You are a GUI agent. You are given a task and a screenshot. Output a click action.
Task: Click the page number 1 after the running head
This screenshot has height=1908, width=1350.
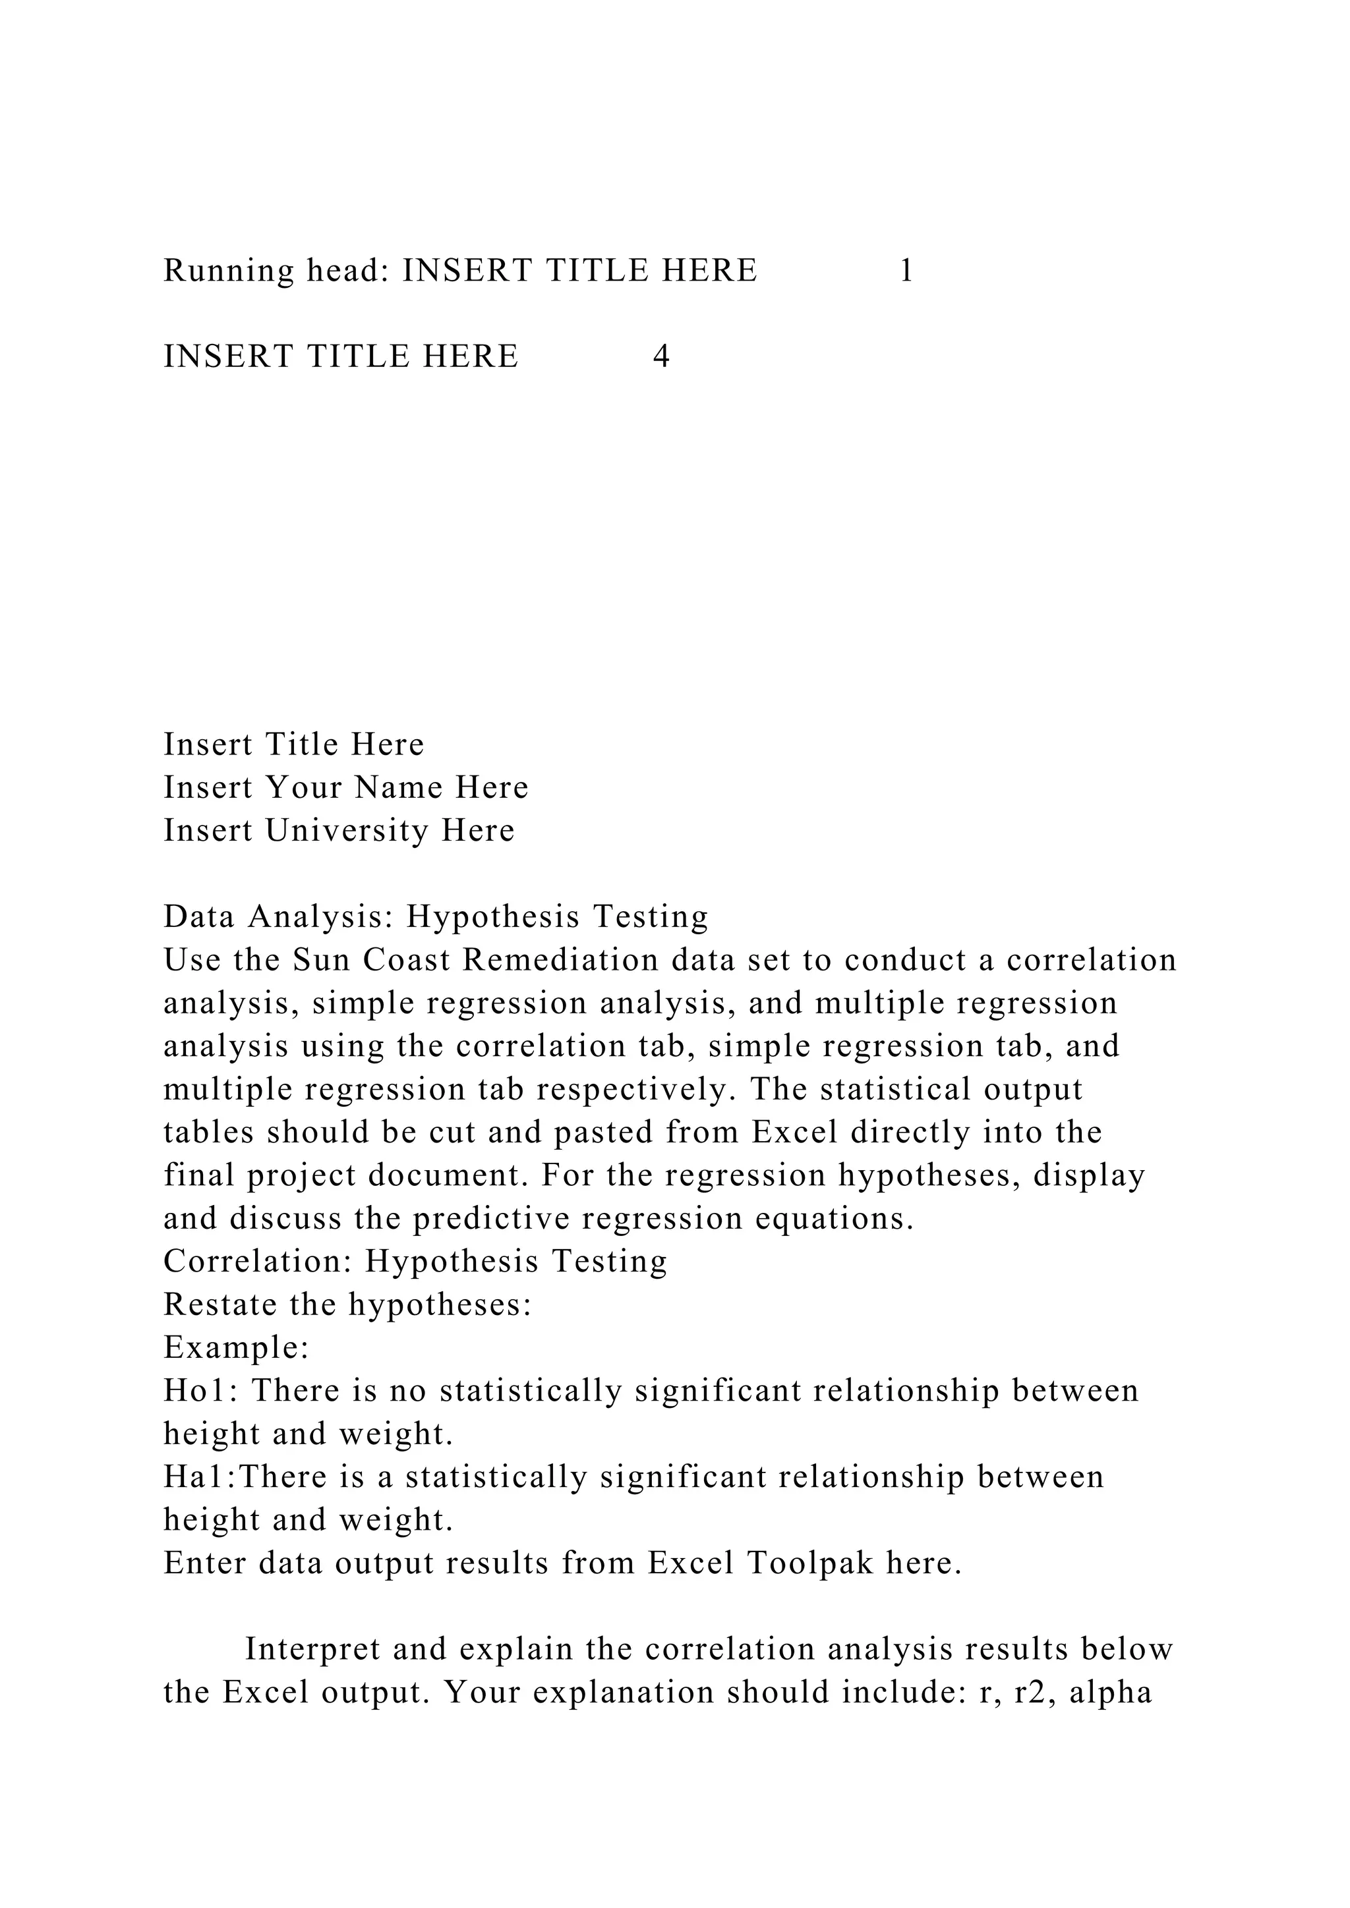point(906,271)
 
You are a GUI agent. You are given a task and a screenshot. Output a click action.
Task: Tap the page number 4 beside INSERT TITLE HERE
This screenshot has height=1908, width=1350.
point(661,356)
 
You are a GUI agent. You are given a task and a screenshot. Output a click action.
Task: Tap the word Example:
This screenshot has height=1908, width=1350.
point(236,1348)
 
